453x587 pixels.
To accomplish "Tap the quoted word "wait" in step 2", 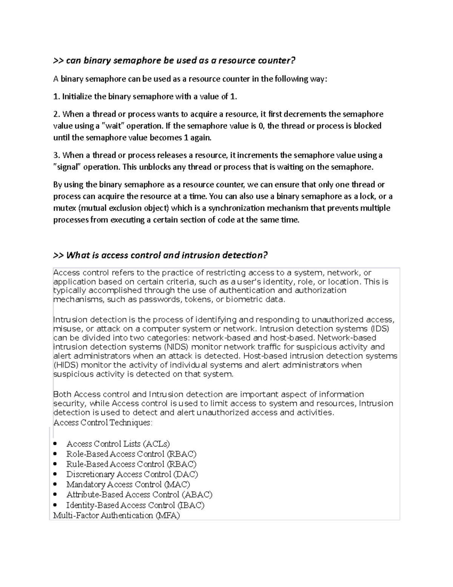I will tap(113, 126).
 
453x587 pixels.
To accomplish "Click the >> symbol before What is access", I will tap(59, 256).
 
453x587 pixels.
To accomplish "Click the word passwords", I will tap(156, 300).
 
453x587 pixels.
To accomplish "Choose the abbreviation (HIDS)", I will tap(66, 365).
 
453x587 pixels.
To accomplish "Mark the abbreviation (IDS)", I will tap(379, 329).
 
